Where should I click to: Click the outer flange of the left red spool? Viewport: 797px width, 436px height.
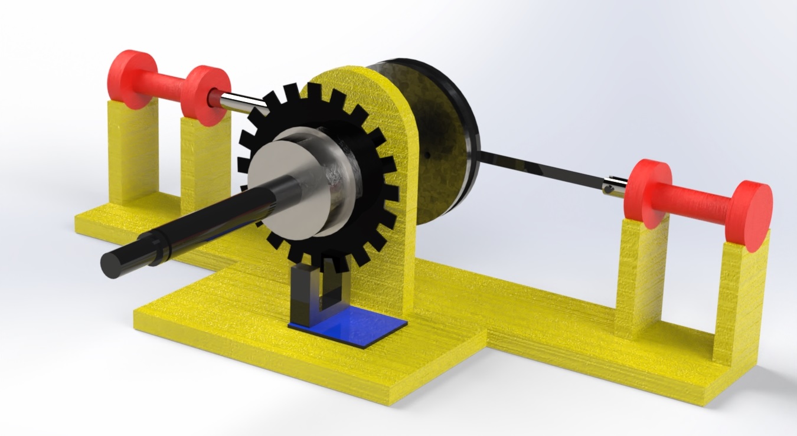point(129,79)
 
